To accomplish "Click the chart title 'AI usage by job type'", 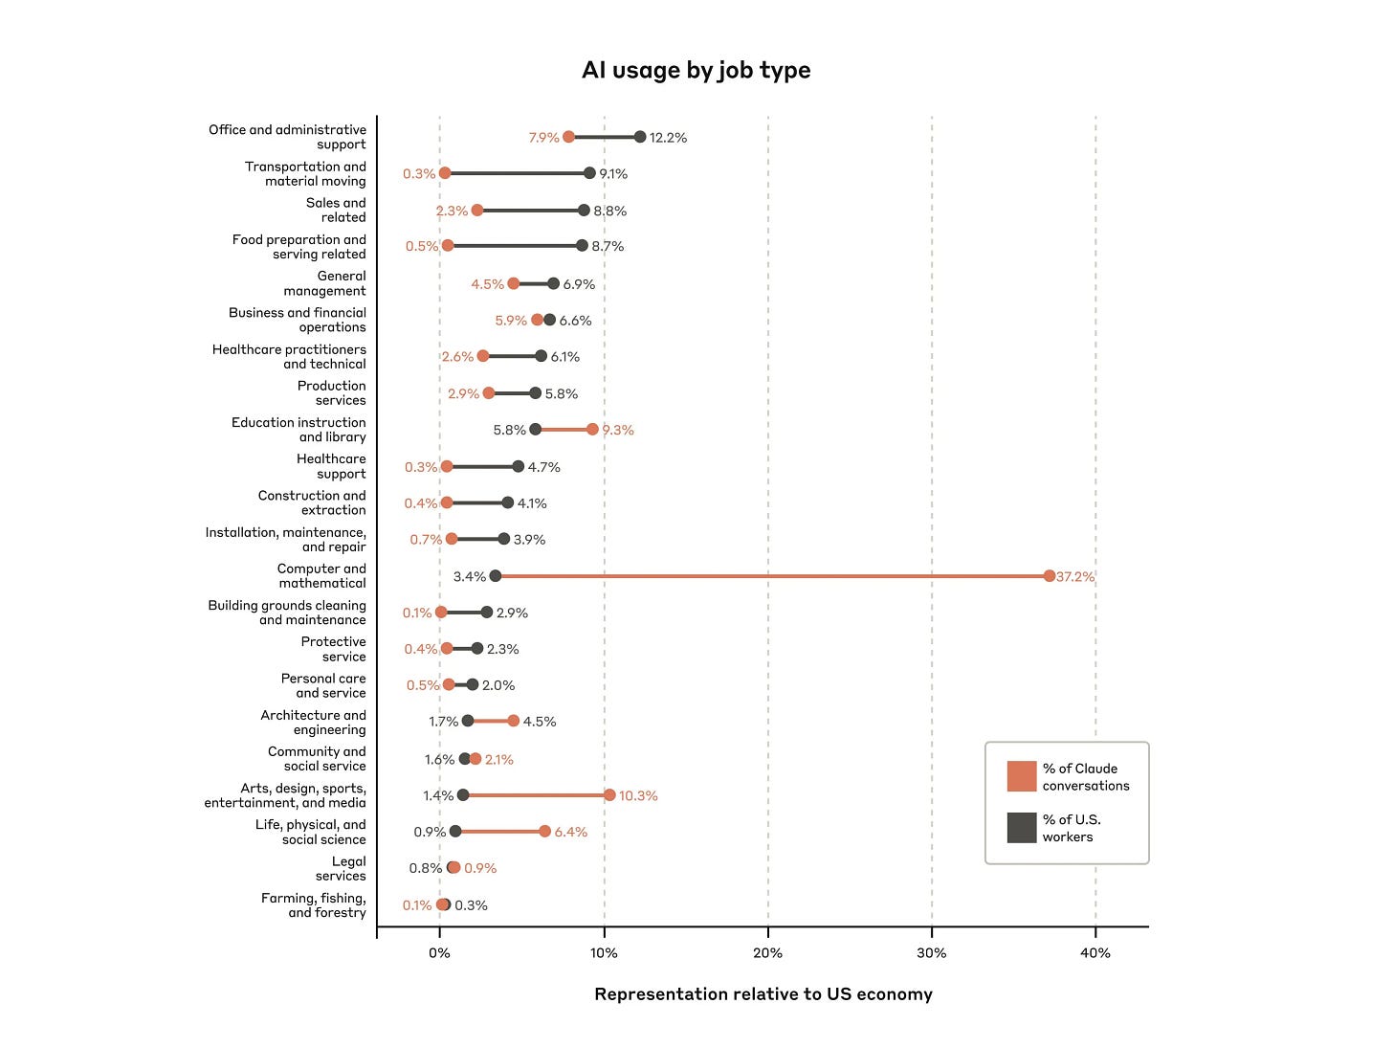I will point(696,70).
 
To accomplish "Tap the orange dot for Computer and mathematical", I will point(1050,576).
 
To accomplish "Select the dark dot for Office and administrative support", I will point(640,137).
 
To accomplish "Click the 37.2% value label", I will point(1075,577).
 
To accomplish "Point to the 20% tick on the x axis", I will point(767,953).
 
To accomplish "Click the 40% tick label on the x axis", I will point(1095,953).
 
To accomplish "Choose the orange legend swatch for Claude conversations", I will point(1022,776).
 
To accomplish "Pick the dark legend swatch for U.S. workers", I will point(1022,828).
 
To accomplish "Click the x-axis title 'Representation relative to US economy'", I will point(763,994).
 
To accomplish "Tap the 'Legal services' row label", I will point(342,869).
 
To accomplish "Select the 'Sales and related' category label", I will point(336,211).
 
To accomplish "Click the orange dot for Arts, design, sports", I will point(609,795).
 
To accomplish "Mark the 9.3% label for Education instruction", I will point(618,431).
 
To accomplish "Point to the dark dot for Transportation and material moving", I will point(589,173).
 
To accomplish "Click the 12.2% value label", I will point(668,138).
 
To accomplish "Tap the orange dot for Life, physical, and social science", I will point(544,832).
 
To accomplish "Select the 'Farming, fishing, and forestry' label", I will point(314,905).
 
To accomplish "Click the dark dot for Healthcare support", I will point(518,467).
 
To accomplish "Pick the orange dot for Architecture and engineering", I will point(514,721).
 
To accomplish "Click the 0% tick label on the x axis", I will point(439,953).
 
